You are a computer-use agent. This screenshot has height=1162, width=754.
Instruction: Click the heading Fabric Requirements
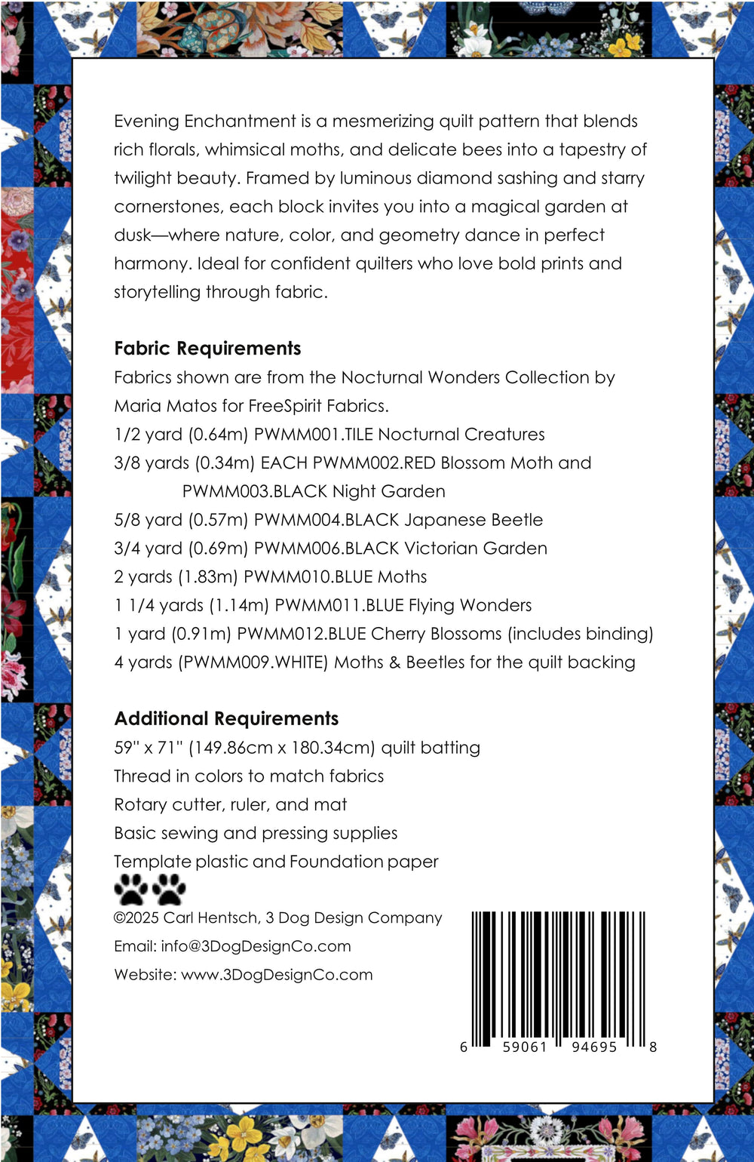point(207,349)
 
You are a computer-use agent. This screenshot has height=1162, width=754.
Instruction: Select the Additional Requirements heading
point(226,719)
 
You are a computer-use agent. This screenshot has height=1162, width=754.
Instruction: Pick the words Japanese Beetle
point(474,520)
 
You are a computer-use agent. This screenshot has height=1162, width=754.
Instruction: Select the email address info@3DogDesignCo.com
point(256,946)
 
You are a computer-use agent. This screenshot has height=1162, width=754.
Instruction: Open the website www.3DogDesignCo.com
point(277,975)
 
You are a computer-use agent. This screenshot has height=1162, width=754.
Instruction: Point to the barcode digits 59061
point(525,1047)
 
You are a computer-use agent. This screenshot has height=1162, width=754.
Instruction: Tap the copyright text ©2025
point(136,918)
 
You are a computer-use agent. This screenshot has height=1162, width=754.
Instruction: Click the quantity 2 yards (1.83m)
point(175,577)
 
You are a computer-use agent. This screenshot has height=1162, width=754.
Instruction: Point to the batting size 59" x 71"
point(148,748)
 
